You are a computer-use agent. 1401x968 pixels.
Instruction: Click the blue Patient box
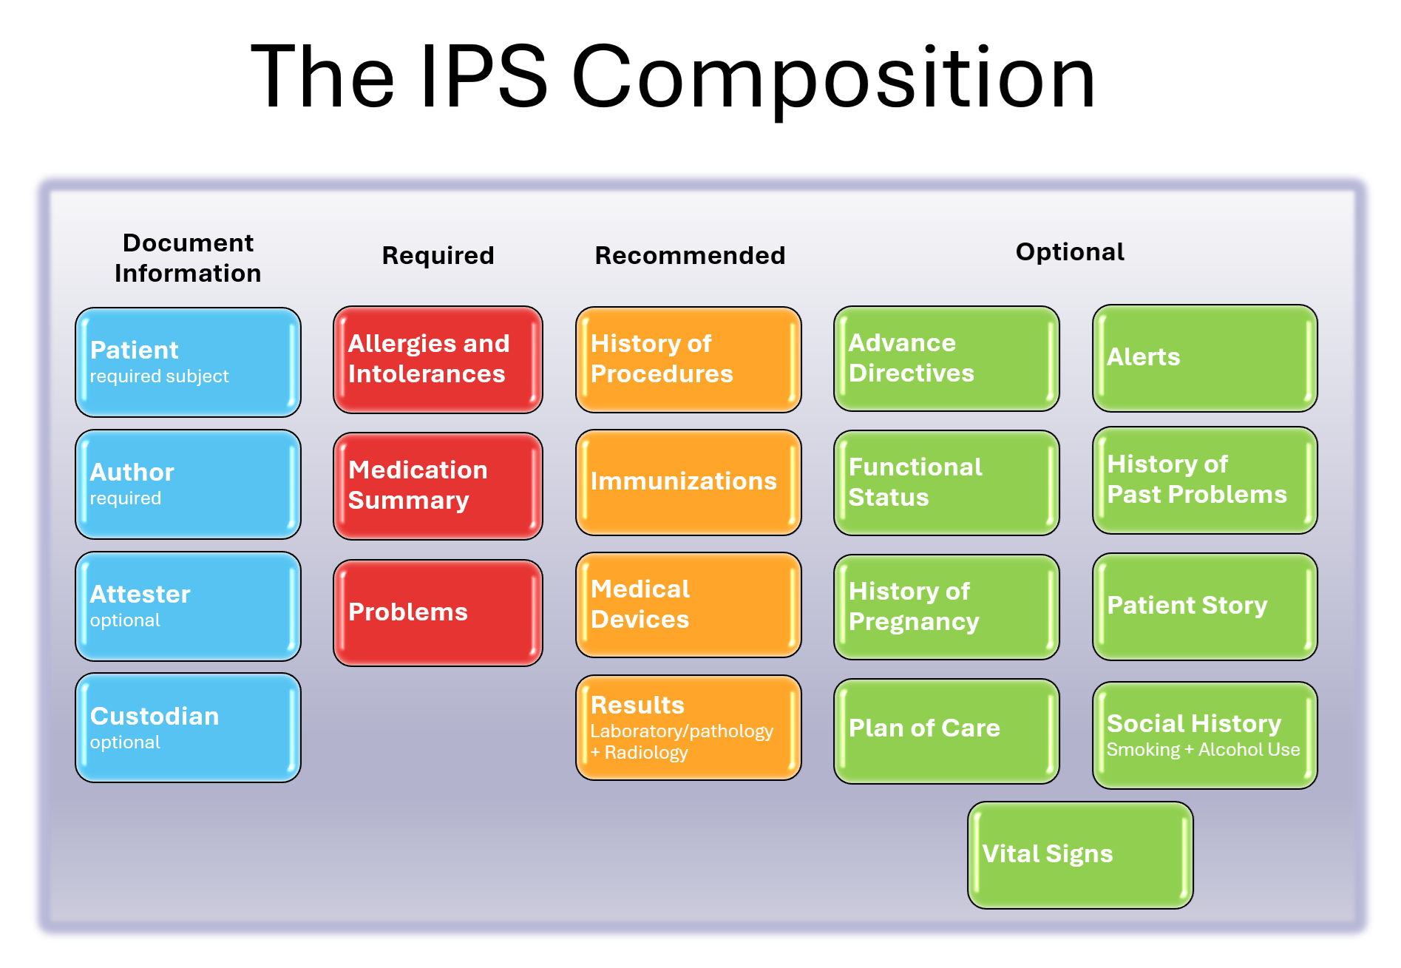(x=188, y=362)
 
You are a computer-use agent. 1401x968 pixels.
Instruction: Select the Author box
(x=188, y=484)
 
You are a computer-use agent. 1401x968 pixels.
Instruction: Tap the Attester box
(x=188, y=606)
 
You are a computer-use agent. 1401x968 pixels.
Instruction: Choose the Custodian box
(x=188, y=728)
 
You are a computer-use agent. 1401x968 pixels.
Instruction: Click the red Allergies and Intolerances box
(x=438, y=359)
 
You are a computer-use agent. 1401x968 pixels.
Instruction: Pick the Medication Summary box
(x=438, y=486)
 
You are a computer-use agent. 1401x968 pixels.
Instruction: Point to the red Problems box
(x=438, y=612)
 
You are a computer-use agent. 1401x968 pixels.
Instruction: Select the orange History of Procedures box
(x=688, y=359)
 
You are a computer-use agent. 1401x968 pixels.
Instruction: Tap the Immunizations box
(x=688, y=482)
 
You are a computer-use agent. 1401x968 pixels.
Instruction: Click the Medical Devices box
(x=688, y=605)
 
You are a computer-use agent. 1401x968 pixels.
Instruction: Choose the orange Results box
(x=688, y=728)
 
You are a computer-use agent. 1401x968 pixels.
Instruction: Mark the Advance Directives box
(x=946, y=359)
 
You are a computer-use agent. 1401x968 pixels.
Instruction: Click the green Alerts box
(x=1204, y=358)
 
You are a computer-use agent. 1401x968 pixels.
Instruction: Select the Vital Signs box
(x=1080, y=855)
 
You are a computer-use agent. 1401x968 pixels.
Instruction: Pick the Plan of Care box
(x=946, y=731)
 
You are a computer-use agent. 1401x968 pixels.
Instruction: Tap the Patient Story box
(x=1204, y=606)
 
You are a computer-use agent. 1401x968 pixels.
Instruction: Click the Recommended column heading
(x=690, y=256)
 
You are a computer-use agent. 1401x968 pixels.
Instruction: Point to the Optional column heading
(x=1070, y=252)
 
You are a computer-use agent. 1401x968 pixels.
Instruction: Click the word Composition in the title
(x=833, y=78)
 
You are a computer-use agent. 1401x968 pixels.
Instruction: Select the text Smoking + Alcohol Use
(x=1203, y=750)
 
